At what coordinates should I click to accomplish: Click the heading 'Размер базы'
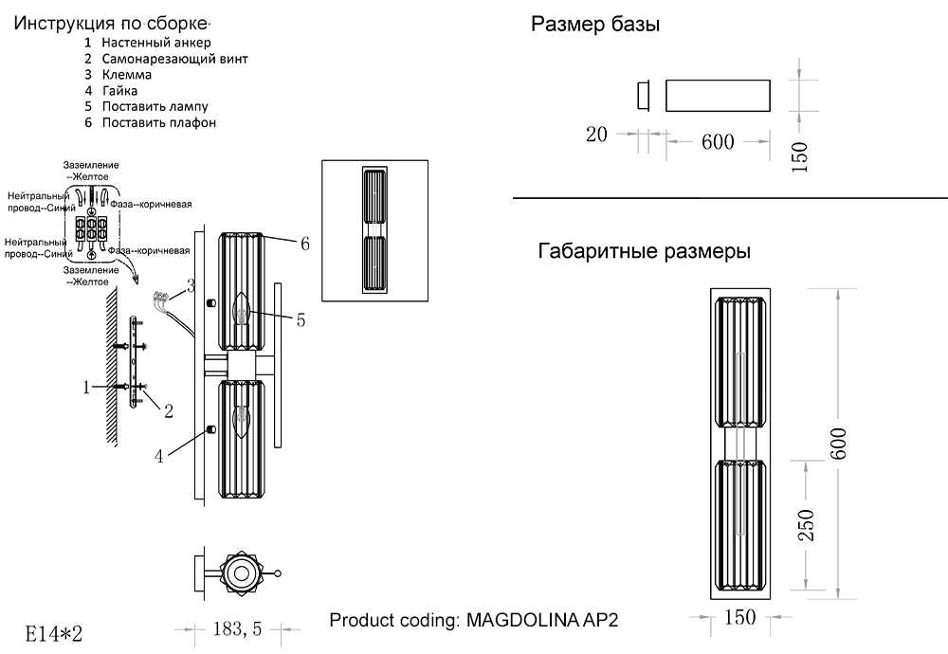click(595, 26)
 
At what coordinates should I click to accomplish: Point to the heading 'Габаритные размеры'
click(645, 252)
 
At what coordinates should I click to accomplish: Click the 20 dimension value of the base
click(596, 135)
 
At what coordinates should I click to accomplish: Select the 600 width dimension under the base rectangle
click(718, 142)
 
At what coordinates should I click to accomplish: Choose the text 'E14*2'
click(54, 632)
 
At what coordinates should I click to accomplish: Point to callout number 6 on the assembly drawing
click(304, 244)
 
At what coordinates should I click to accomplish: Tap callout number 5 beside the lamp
click(300, 320)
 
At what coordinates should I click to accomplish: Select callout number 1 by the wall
click(85, 387)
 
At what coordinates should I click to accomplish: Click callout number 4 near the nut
click(161, 456)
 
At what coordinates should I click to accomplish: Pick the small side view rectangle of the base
click(642, 96)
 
